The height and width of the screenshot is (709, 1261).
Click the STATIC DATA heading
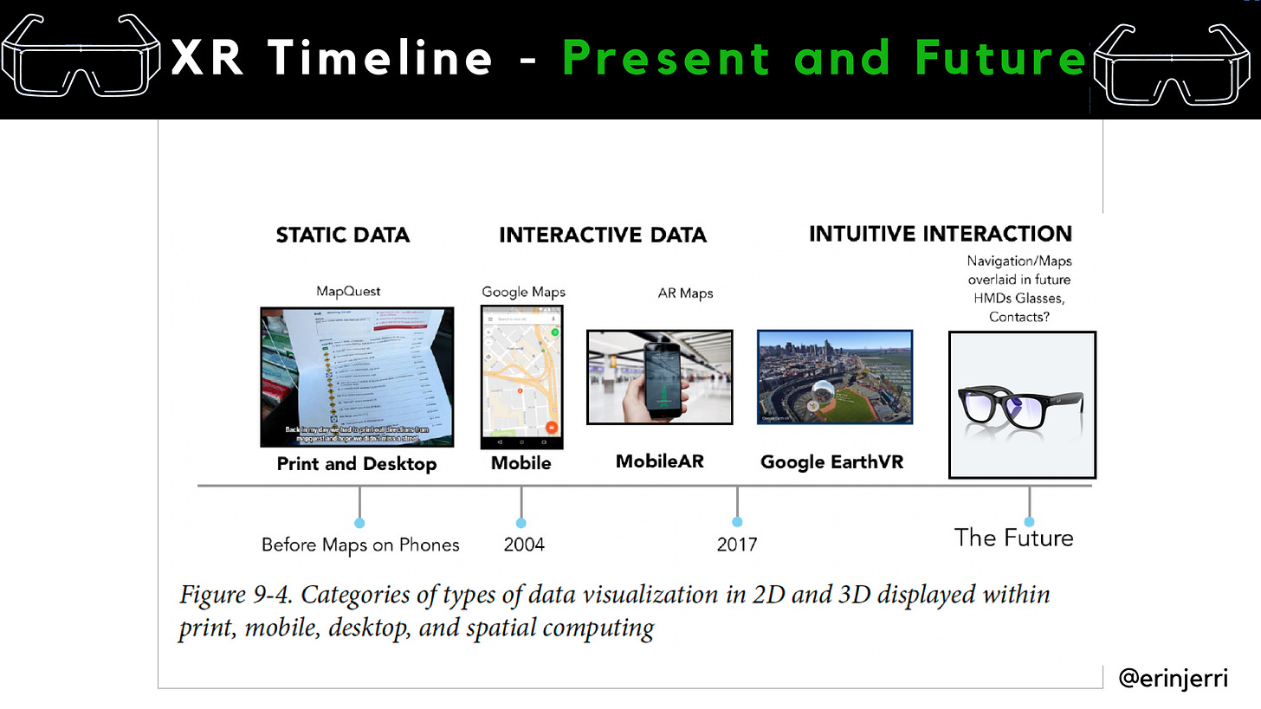(x=342, y=235)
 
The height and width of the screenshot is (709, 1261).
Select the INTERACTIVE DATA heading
(x=603, y=235)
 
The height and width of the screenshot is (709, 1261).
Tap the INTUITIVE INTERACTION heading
(x=940, y=234)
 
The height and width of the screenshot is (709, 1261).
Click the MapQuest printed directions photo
(x=357, y=377)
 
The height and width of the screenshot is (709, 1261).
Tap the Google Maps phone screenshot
(x=521, y=377)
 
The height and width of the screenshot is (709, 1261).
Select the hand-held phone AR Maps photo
(x=659, y=377)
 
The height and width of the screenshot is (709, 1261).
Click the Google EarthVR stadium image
(x=835, y=377)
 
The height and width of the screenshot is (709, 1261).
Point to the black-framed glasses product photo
(x=1022, y=404)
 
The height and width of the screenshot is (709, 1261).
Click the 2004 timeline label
(x=524, y=545)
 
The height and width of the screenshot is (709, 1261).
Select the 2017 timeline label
(x=737, y=545)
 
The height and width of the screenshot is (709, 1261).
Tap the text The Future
(x=1013, y=538)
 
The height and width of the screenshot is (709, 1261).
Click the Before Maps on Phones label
(x=360, y=545)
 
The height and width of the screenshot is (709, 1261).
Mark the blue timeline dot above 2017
(x=737, y=522)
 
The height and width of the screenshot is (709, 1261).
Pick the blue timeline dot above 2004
(x=521, y=523)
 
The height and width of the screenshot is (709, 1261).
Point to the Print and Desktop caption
(x=357, y=464)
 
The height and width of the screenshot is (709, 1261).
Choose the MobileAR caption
(x=659, y=461)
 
